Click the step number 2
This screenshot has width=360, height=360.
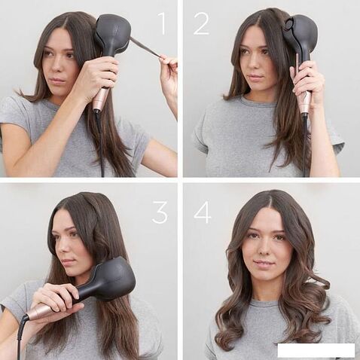coord(201,23)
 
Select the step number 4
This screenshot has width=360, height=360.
coord(202,212)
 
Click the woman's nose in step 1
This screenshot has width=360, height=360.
coord(50,66)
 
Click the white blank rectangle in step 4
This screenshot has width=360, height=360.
coord(315,349)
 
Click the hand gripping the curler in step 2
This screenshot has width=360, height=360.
coord(304,79)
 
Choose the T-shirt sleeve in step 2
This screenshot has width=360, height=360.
coord(204,136)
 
